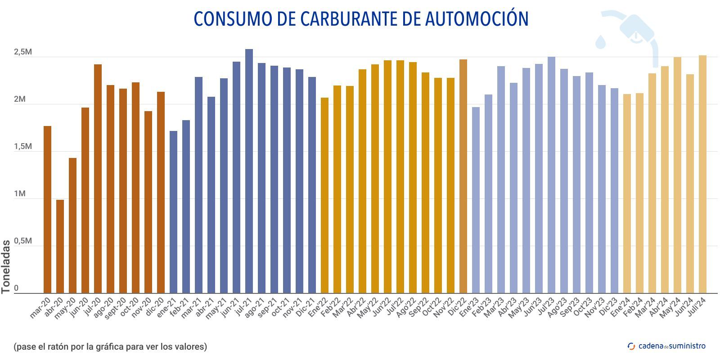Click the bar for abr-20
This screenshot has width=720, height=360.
point(60,247)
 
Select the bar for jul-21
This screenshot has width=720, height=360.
point(249,171)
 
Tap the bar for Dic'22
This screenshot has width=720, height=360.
point(463,176)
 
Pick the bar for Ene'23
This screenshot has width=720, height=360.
point(476,200)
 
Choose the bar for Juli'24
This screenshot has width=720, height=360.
point(702,175)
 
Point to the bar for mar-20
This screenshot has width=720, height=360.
point(47,210)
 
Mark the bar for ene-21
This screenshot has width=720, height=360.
point(173,212)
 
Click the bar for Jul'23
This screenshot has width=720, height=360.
point(551,175)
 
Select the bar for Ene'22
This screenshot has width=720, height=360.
point(324,195)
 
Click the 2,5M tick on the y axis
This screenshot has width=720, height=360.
point(22,52)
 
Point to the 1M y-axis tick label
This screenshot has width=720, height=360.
point(20,194)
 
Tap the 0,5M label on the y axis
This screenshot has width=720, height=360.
point(22,241)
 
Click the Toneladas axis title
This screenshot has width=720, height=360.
point(6,267)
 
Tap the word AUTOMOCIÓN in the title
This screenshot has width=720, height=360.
point(477,19)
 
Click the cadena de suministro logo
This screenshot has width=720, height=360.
point(666,346)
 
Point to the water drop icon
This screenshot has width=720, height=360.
point(601,41)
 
